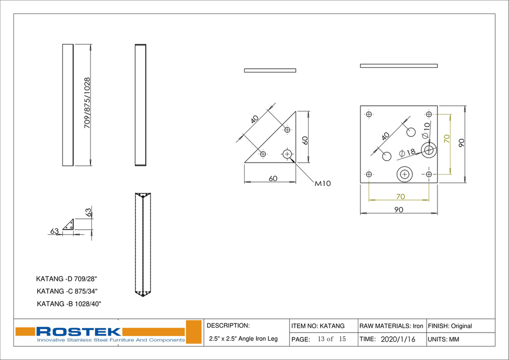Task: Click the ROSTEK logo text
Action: pyautogui.click(x=79, y=331)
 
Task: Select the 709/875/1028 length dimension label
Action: pyautogui.click(x=87, y=103)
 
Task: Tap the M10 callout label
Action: pyautogui.click(x=323, y=183)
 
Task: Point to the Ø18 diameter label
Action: pyautogui.click(x=407, y=152)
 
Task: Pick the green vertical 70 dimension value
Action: pyautogui.click(x=446, y=139)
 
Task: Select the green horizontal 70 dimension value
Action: pyautogui.click(x=400, y=196)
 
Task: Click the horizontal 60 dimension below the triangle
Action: pyautogui.click(x=273, y=179)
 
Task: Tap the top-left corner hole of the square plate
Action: pyautogui.click(x=369, y=114)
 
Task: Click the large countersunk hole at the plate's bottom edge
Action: pyautogui.click(x=405, y=174)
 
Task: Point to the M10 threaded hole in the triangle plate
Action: pyautogui.click(x=287, y=154)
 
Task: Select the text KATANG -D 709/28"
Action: pyautogui.click(x=70, y=279)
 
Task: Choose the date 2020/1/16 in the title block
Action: pyautogui.click(x=397, y=339)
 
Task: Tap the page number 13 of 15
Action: pyautogui.click(x=332, y=339)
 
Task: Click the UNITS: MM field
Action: pyautogui.click(x=443, y=340)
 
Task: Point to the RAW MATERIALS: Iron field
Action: pyautogui.click(x=391, y=326)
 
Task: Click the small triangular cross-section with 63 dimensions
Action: pyautogui.click(x=69, y=225)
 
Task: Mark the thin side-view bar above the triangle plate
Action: pyautogui.click(x=270, y=70)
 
